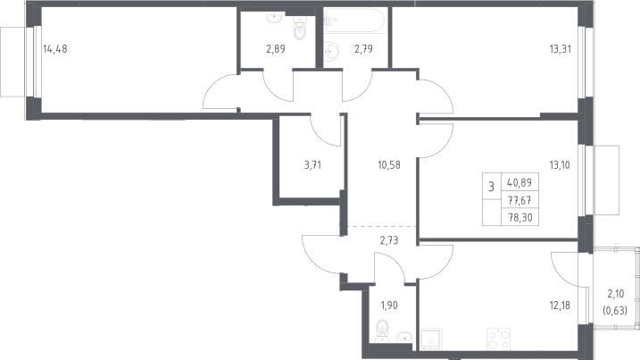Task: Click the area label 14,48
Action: point(55,49)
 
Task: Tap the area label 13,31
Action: point(560,49)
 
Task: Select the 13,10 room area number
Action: point(560,165)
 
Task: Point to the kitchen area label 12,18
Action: point(560,306)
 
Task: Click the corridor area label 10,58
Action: point(389,165)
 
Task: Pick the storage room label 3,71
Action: point(312,165)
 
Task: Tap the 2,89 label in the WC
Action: point(276,49)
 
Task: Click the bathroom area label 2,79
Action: point(363,49)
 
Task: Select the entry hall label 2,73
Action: point(389,240)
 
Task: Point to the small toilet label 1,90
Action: point(389,306)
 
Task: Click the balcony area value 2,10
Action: point(616,294)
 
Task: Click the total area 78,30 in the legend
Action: point(520,218)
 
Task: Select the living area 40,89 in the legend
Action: point(519,182)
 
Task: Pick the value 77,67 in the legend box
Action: point(519,201)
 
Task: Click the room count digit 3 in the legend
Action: point(492,188)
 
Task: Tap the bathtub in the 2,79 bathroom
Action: point(353,20)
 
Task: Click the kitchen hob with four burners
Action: point(498,339)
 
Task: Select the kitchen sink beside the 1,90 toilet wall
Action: point(431,339)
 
